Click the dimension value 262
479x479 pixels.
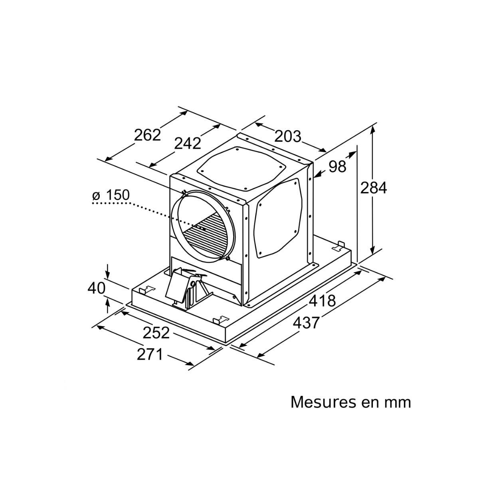click(147, 135)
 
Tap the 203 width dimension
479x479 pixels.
click(287, 137)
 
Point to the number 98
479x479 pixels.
click(337, 166)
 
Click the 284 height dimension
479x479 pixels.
click(374, 188)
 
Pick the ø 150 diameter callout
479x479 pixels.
click(111, 196)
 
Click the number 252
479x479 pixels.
click(156, 333)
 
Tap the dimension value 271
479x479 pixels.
click(150, 354)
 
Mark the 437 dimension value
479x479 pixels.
click(306, 322)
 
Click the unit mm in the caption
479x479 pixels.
click(397, 402)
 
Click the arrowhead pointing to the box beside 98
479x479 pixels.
click(319, 174)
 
